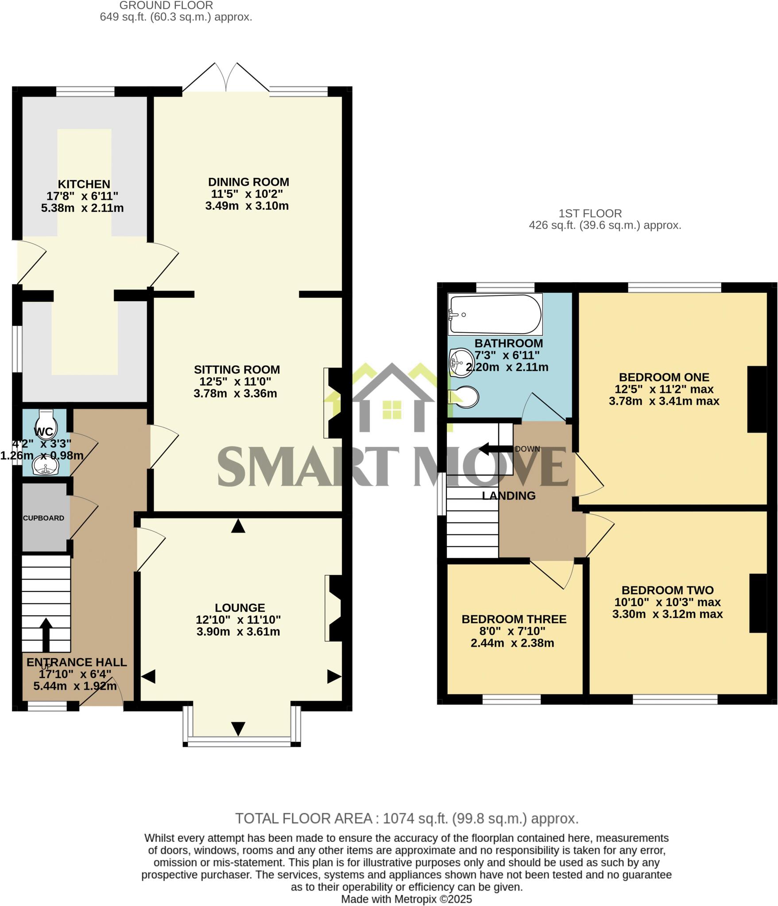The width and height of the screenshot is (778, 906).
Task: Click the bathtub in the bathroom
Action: [x=495, y=314]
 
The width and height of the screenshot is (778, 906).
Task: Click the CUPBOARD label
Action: [x=43, y=518]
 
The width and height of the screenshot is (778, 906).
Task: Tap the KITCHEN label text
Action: [x=84, y=184]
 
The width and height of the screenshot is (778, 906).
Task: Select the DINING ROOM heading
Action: [x=248, y=182]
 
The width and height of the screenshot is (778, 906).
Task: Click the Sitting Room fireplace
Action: [x=334, y=403]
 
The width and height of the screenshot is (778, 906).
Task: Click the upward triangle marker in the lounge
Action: [x=238, y=526]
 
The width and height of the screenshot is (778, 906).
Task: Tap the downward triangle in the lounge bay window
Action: [x=238, y=729]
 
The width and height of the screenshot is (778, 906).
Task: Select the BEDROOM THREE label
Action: [x=514, y=619]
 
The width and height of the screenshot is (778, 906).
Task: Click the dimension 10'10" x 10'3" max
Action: [x=667, y=602]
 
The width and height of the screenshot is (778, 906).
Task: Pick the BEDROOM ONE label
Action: [x=664, y=377]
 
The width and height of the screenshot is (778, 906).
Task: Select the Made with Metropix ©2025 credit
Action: [x=406, y=899]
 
